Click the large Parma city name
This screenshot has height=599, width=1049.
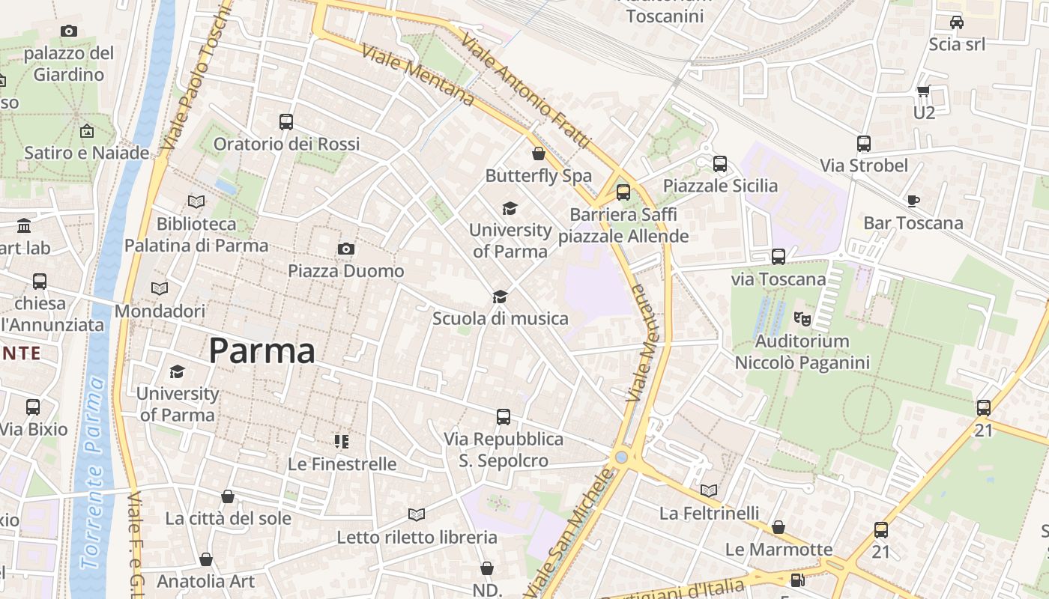(262, 350)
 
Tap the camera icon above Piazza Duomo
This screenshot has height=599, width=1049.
(345, 249)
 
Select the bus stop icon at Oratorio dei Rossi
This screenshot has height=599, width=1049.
(285, 121)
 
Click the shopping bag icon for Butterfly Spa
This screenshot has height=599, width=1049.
(538, 154)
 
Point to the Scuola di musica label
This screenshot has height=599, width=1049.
(500, 319)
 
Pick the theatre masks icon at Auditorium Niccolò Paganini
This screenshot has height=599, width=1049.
(802, 319)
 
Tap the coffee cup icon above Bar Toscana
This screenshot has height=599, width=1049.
(913, 201)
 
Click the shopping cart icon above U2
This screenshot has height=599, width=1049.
(923, 91)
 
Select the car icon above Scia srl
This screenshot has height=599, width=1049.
(956, 22)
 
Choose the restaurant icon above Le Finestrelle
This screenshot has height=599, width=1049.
(342, 442)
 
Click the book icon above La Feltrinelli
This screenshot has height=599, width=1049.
(708, 491)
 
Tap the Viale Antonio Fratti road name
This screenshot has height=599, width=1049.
(526, 90)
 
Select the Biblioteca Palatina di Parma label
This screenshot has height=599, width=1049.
(196, 234)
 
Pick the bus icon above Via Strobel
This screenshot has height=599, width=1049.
(863, 144)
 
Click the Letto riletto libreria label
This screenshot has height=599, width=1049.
(417, 538)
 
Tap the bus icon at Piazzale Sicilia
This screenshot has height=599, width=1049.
(719, 163)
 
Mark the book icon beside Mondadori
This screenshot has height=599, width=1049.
(160, 289)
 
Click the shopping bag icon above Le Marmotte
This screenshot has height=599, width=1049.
(779, 527)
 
